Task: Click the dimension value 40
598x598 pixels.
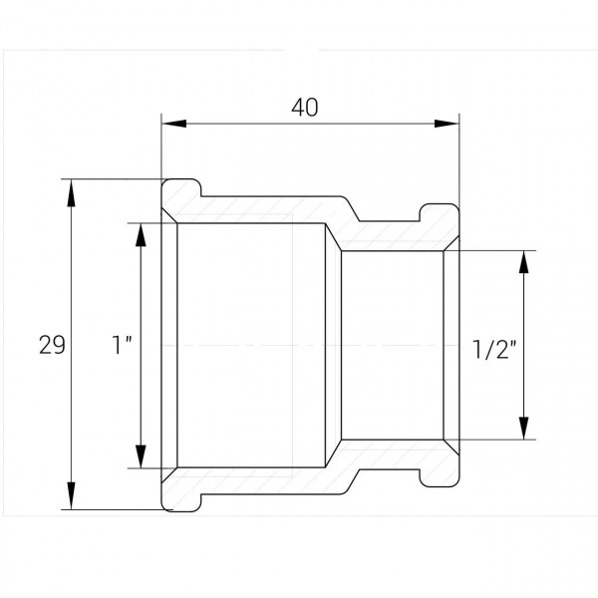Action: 304,108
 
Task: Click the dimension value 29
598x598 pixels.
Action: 52,345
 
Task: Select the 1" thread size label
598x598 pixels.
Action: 122,345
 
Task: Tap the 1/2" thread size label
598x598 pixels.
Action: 494,349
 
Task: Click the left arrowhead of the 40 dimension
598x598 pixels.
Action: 173,124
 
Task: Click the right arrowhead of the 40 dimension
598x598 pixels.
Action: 447,124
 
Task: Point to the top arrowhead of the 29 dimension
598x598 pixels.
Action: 72,193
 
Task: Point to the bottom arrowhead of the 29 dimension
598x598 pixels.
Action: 72,495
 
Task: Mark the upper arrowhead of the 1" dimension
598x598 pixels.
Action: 142,237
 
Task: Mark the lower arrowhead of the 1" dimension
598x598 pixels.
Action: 142,454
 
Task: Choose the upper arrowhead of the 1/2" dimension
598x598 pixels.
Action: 524,262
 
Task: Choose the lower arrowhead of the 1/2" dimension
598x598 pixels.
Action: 524,428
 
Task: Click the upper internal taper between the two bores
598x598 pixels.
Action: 333,237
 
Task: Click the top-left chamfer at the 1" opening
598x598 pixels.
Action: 169,216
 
